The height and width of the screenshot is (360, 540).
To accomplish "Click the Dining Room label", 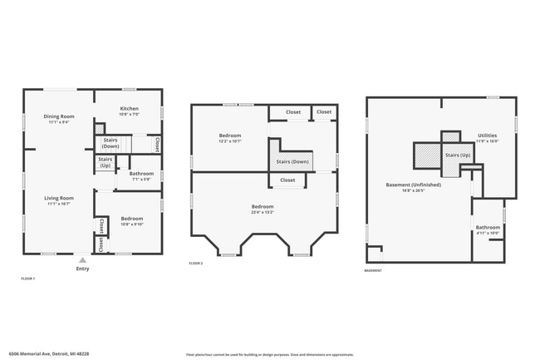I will (x=59, y=116).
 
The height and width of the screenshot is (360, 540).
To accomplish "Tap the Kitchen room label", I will (x=129, y=109).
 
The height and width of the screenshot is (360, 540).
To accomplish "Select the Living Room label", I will (x=59, y=198).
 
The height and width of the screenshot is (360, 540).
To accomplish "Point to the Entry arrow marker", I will (x=82, y=260).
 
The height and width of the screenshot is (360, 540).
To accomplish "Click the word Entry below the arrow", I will (x=82, y=269).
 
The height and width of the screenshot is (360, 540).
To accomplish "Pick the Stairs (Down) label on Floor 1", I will (x=110, y=143).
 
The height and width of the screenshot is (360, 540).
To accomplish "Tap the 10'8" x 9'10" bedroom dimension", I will (x=133, y=224).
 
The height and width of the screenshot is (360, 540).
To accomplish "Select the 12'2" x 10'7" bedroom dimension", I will (x=230, y=141).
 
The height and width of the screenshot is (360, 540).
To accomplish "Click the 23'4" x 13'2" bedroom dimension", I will (x=263, y=211).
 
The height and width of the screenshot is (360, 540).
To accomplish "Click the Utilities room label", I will (x=488, y=135).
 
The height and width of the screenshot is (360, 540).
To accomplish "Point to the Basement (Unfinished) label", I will (x=413, y=185).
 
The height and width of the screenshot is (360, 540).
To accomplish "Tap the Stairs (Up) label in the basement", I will (x=458, y=155).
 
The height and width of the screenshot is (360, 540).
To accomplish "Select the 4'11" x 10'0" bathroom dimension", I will (x=488, y=234).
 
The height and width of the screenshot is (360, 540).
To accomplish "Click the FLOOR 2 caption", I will (x=196, y=263).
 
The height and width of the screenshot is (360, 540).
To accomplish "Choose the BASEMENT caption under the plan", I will (x=374, y=270).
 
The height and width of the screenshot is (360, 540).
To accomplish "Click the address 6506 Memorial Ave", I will (x=49, y=353).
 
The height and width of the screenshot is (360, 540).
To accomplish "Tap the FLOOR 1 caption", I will (x=27, y=279).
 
